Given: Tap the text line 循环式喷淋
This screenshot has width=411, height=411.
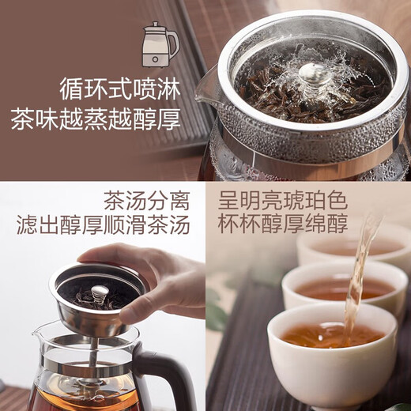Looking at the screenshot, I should [x=119, y=86].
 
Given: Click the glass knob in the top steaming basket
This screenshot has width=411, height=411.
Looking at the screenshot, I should [x=315, y=74].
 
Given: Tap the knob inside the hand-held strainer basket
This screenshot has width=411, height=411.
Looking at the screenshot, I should [x=100, y=293].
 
